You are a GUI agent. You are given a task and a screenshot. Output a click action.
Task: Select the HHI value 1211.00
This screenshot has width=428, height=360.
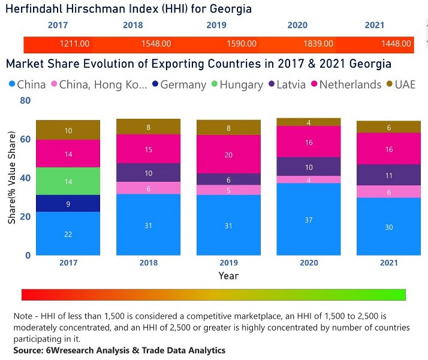(75, 44)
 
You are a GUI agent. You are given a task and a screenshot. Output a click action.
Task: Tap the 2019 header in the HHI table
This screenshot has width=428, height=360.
(216, 25)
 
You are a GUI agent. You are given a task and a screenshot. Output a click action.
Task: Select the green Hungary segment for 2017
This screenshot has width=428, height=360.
(68, 181)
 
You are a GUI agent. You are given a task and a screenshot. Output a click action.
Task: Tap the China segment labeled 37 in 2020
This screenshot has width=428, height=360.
(308, 220)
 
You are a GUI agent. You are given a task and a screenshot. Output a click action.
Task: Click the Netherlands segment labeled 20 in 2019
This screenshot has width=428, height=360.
(228, 154)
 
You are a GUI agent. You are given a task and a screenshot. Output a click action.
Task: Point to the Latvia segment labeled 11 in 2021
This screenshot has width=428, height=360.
(388, 175)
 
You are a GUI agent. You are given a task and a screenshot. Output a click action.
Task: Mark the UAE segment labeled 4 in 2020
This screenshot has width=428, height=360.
(308, 122)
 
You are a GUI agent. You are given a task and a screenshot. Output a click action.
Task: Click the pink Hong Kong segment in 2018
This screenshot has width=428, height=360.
(148, 188)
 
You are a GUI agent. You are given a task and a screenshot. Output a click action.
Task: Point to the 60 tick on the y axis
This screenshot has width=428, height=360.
(25, 139)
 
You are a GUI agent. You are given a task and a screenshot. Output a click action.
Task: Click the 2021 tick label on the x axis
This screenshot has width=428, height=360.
(388, 263)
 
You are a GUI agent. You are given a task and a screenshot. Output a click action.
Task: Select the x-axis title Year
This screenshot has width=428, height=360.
(228, 276)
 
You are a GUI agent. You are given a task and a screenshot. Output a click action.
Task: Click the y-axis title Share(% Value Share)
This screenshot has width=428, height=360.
(12, 178)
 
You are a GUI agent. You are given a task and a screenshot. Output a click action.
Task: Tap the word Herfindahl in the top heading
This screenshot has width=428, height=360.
(35, 8)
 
